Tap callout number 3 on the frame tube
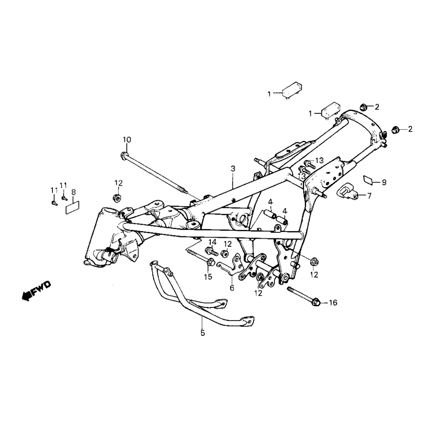click(x=233, y=168)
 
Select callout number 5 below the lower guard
click(x=203, y=333)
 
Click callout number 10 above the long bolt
click(x=127, y=139)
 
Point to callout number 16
click(x=333, y=303)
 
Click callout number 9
click(x=384, y=182)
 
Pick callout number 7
click(x=369, y=196)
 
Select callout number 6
click(x=232, y=287)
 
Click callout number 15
click(x=208, y=276)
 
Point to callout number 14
click(x=212, y=242)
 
